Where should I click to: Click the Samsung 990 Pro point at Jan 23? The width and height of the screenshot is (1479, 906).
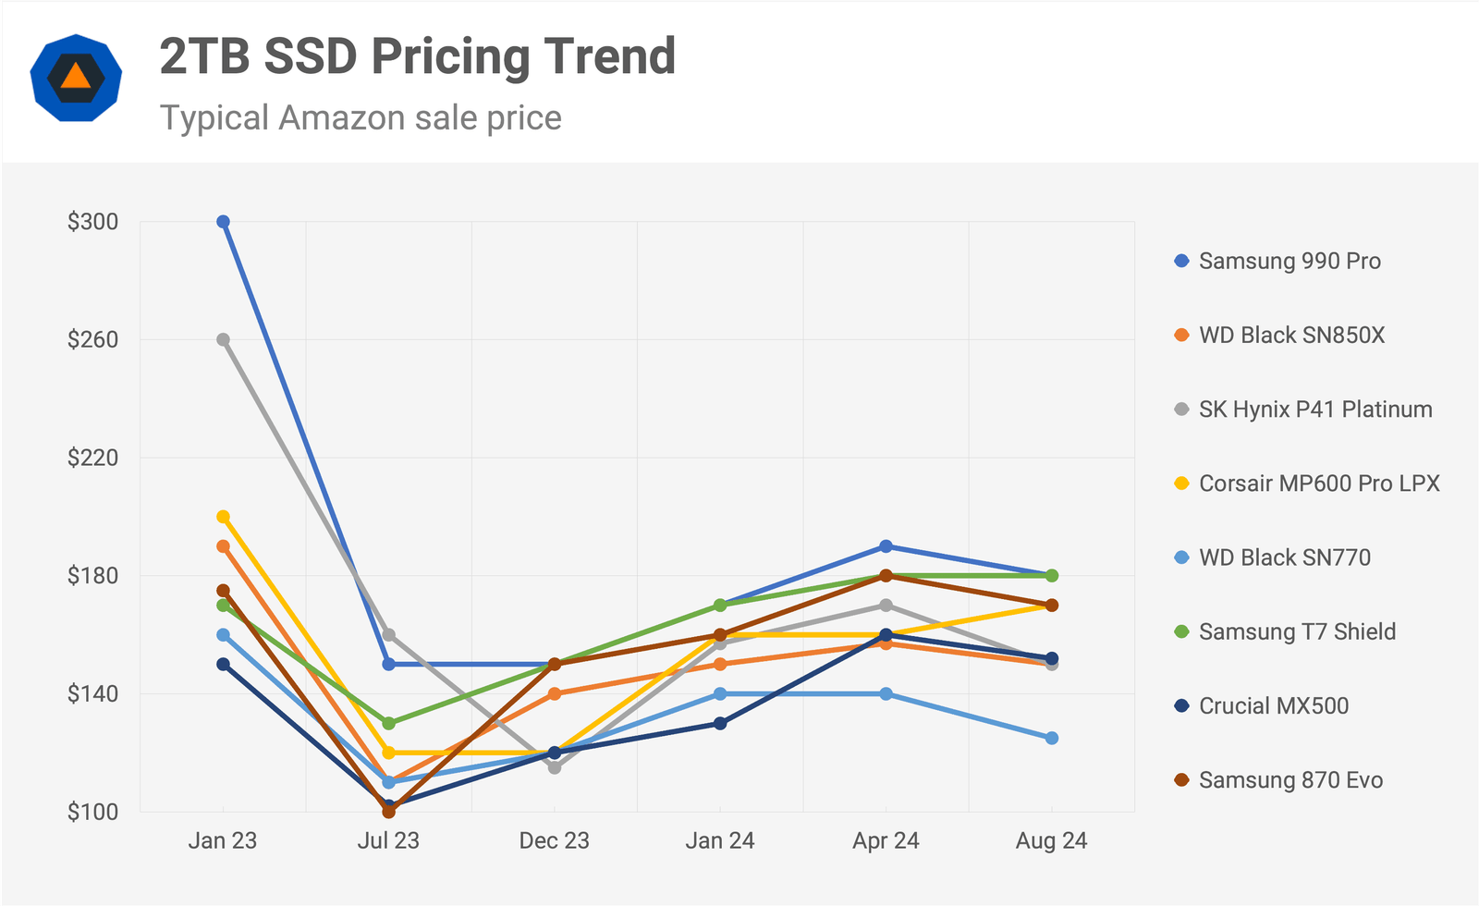[x=223, y=222]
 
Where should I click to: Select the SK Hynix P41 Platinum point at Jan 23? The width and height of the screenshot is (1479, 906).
[x=223, y=339]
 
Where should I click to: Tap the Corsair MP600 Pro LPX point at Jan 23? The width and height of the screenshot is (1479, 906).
[x=223, y=517]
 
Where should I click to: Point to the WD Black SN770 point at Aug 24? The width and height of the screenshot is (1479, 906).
[x=1052, y=738]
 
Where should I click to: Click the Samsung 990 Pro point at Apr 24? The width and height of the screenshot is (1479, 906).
[x=886, y=546]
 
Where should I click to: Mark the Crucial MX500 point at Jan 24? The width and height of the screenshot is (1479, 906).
[x=720, y=723]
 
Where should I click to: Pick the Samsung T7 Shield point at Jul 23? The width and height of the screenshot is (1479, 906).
[x=388, y=723]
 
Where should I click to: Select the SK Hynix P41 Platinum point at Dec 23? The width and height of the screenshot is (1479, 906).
[x=555, y=767]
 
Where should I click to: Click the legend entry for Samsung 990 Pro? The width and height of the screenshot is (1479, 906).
[x=1290, y=261]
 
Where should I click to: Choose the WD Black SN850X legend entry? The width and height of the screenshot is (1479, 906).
[x=1291, y=335]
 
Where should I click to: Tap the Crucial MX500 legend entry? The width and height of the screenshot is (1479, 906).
[x=1273, y=705]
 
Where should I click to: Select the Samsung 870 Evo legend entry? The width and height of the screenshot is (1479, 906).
[x=1290, y=779]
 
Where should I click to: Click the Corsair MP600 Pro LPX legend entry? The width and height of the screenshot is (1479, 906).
[x=1319, y=483]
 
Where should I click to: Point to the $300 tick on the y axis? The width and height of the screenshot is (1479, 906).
[x=92, y=222]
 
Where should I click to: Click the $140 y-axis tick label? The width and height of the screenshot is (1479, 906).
[x=92, y=693]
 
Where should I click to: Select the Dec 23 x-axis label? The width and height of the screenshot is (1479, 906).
[x=554, y=840]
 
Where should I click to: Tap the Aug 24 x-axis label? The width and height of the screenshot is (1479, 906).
[x=1051, y=840]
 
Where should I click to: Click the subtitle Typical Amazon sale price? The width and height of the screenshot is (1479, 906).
[x=361, y=118]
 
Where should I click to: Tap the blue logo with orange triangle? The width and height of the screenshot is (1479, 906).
[x=76, y=78]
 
